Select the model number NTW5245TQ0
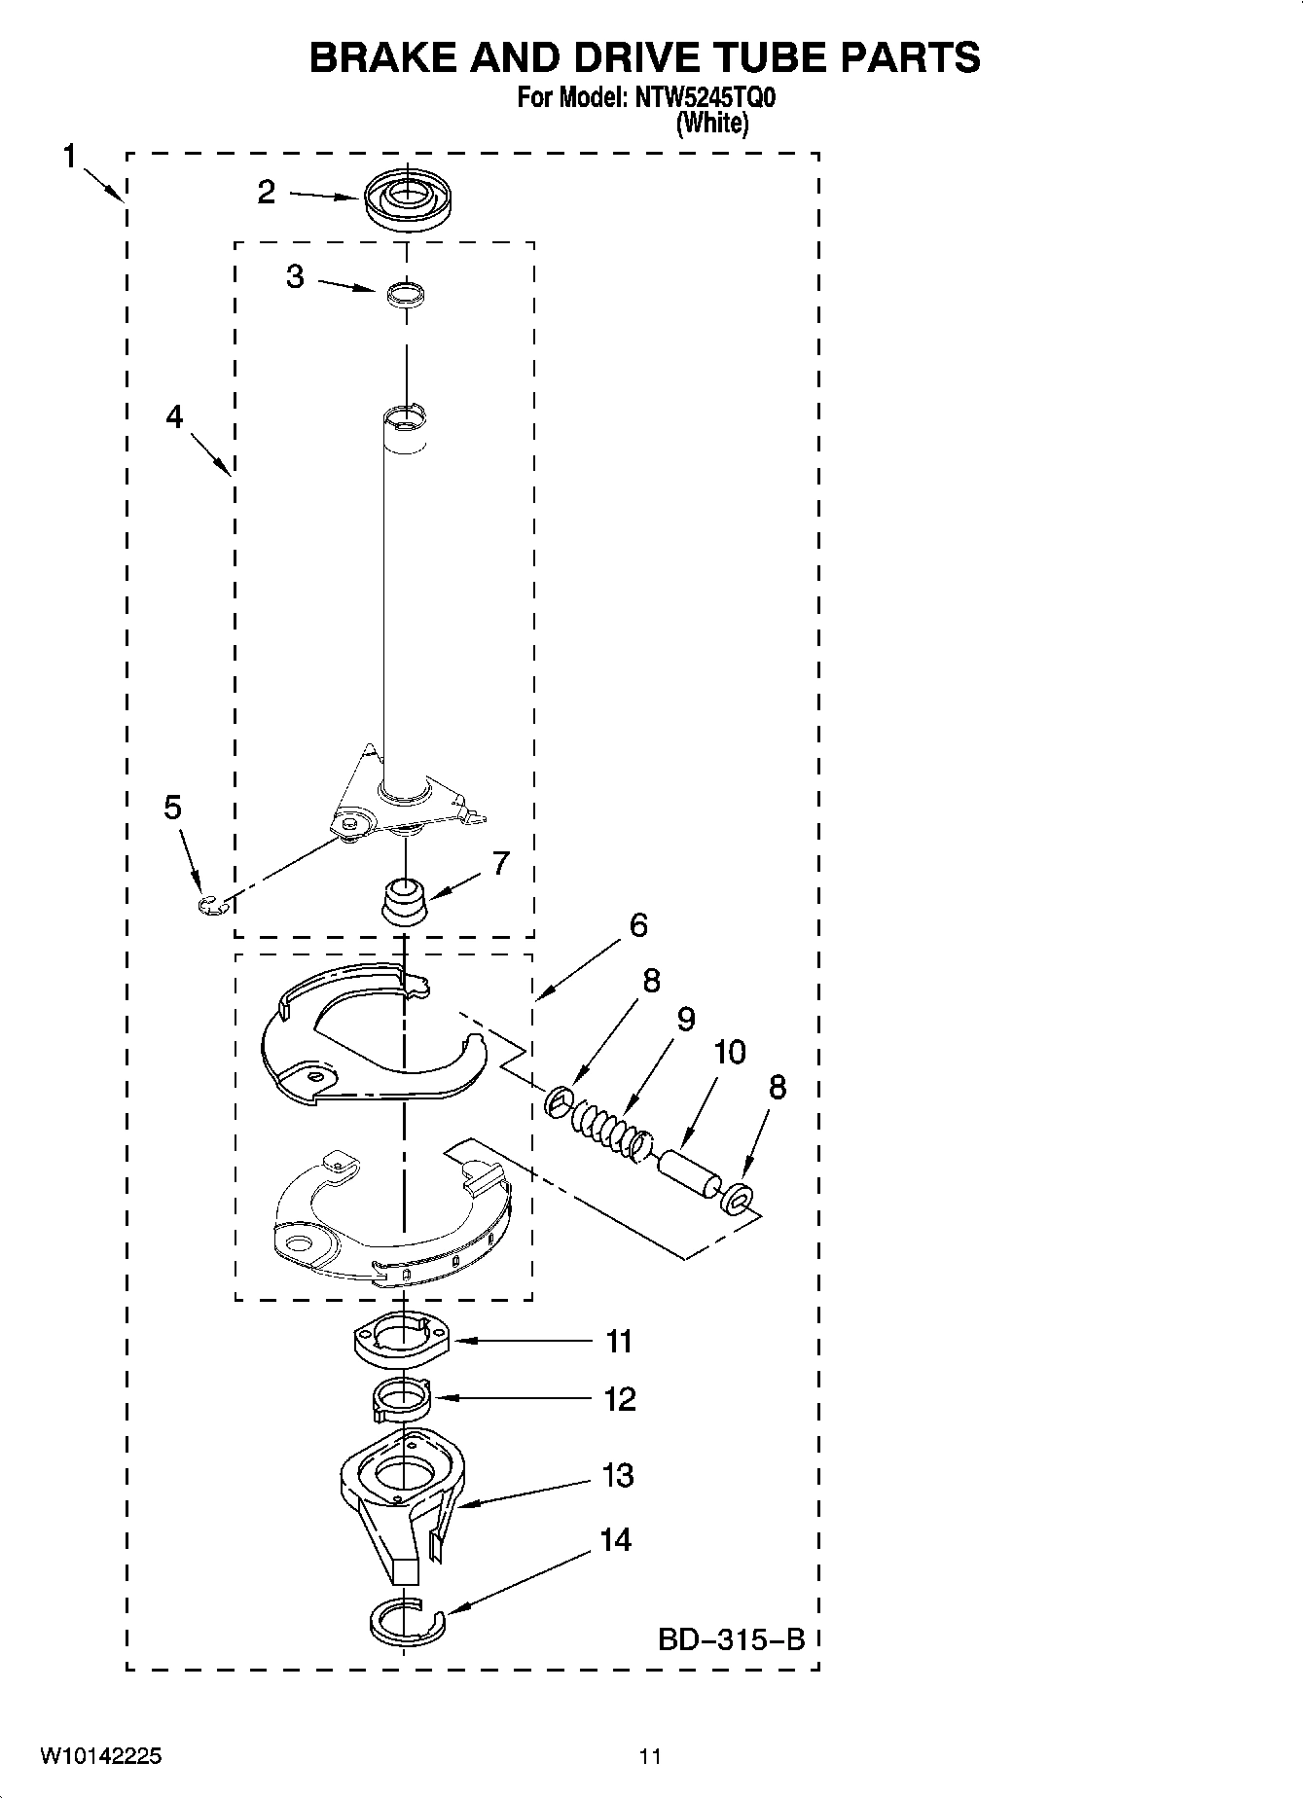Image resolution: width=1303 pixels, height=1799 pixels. click(x=702, y=98)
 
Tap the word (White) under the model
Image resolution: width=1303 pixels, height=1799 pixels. click(x=712, y=124)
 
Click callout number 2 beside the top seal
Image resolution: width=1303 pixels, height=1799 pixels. click(x=267, y=192)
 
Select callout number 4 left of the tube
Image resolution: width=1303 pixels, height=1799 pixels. click(x=173, y=417)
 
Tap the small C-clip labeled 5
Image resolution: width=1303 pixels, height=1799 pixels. click(x=211, y=907)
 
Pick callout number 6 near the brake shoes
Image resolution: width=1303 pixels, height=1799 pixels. click(x=637, y=924)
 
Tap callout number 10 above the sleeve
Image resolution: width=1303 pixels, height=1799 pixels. click(x=729, y=1052)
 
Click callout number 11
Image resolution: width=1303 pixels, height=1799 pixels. click(x=619, y=1342)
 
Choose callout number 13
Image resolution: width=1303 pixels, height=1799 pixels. click(x=618, y=1475)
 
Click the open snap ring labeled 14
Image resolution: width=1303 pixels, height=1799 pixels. click(x=407, y=1621)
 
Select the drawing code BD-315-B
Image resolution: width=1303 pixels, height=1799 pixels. click(x=732, y=1639)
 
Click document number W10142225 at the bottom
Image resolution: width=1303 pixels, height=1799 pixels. click(x=101, y=1756)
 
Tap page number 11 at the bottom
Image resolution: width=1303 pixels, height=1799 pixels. click(x=650, y=1756)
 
